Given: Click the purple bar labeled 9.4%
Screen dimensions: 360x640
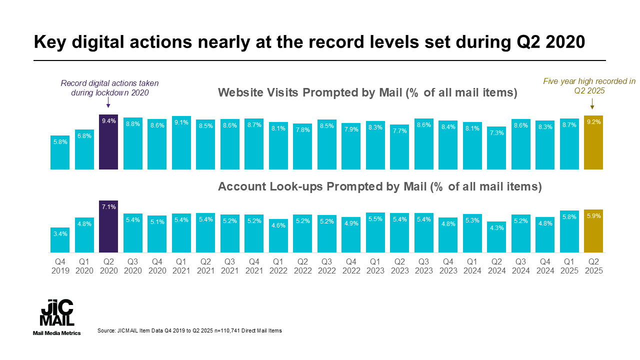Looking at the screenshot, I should pos(108,142).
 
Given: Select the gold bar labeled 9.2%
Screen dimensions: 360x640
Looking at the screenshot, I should pos(593,142).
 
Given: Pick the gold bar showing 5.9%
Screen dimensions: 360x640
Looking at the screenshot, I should pos(593,231).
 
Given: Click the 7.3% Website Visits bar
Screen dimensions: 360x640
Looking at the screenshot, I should pos(496,148).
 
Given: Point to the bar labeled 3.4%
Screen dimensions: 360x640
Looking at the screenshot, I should pos(60,240).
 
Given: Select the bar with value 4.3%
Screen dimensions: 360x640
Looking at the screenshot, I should pos(496,237).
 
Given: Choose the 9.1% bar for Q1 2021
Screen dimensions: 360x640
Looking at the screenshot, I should pos(181,143).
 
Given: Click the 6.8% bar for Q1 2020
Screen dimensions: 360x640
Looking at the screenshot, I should pos(84,149).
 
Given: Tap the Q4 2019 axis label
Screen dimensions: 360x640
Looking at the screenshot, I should pos(60,266).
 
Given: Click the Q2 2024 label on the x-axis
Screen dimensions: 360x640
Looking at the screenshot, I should pos(496,266).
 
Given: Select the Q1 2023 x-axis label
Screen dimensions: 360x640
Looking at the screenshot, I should pos(375,266).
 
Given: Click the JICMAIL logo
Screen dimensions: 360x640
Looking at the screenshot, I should pos(56,313).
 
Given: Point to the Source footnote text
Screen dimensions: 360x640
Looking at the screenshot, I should pos(189,331).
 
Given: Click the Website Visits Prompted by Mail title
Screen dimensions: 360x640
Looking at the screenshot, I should pos(367,92).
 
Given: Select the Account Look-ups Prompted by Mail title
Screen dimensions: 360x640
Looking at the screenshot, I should pos(380,187).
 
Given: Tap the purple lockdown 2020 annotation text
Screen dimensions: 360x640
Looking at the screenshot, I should pos(109,88).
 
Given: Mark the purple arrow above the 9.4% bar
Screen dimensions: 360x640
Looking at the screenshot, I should pos(108,103).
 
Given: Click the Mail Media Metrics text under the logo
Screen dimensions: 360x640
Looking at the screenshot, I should pos(56,333).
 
